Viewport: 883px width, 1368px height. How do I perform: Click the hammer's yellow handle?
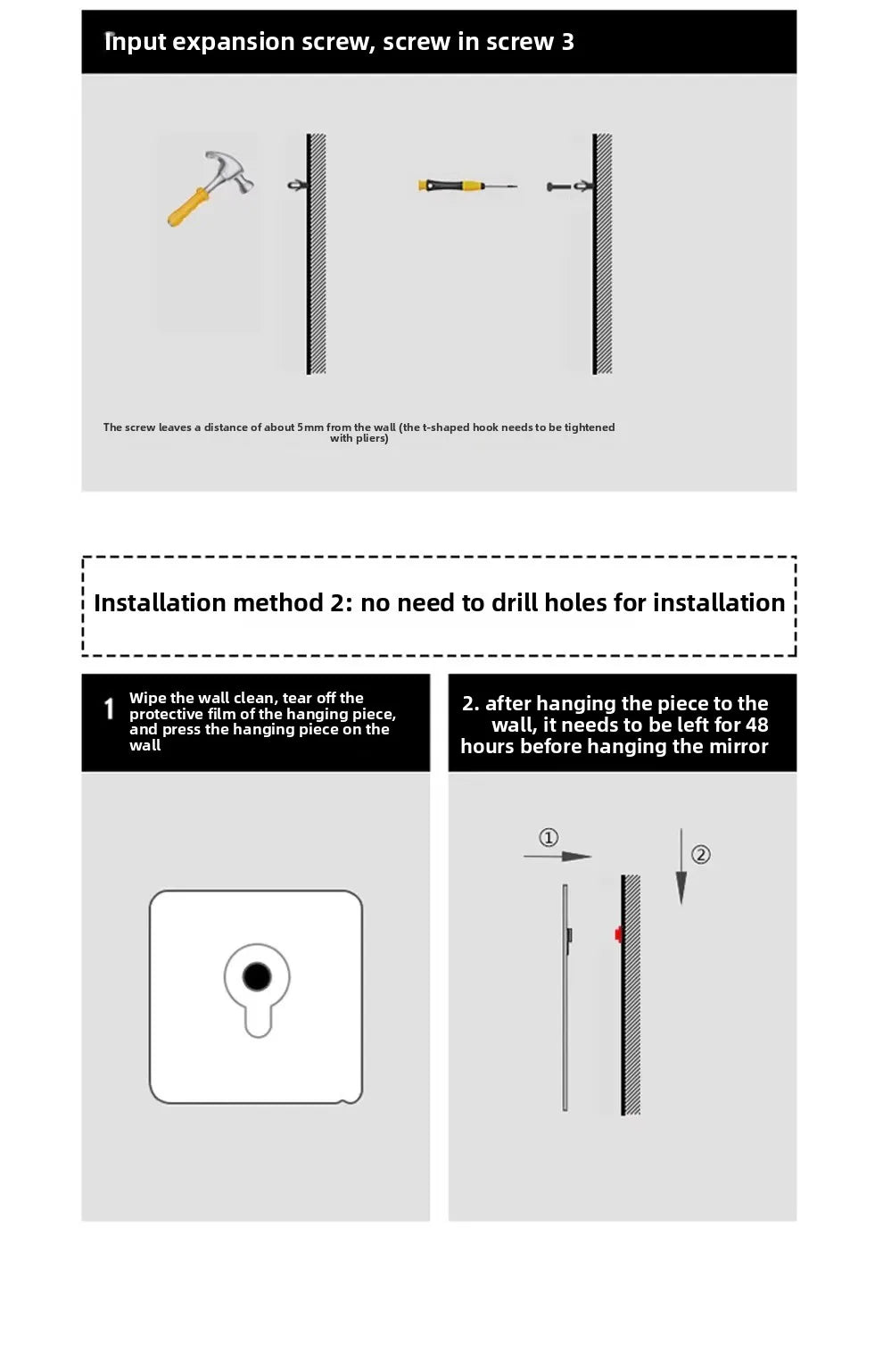point(187,208)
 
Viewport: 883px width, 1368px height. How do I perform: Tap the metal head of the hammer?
point(229,170)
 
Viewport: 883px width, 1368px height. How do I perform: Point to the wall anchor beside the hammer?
point(297,185)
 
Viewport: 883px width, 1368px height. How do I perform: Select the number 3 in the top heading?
point(567,42)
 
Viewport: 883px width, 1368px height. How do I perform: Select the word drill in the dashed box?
point(514,603)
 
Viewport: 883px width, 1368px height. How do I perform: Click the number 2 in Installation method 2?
point(340,603)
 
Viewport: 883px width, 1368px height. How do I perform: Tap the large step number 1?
point(109,709)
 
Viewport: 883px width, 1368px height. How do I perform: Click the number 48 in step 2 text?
point(756,725)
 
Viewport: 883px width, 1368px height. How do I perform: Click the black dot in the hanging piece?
point(257,977)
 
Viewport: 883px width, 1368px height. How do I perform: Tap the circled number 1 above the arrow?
point(549,837)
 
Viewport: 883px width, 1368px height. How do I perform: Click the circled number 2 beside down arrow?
point(701,855)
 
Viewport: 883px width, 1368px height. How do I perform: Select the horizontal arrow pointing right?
point(557,857)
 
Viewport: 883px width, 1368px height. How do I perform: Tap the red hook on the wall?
point(617,934)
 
